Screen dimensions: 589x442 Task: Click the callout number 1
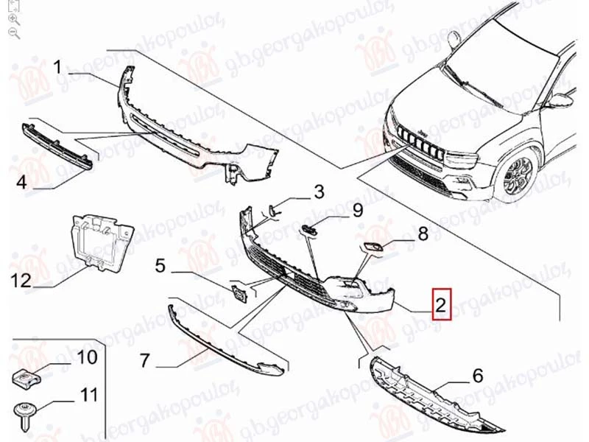tap(57, 68)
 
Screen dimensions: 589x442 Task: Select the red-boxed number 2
tap(441, 304)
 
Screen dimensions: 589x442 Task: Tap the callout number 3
tap(319, 192)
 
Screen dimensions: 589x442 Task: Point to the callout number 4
tap(22, 182)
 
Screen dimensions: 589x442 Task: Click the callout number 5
tap(161, 265)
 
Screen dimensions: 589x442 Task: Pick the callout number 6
tap(477, 375)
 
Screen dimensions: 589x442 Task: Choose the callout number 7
tap(145, 360)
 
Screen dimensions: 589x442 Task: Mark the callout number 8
tap(423, 234)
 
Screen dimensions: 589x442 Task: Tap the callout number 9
tap(357, 210)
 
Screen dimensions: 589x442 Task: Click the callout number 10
tap(87, 357)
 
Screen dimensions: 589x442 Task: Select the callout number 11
tap(88, 395)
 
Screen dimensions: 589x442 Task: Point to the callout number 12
tap(21, 280)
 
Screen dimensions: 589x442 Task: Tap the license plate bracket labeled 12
tap(102, 242)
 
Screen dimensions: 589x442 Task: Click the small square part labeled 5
tap(239, 293)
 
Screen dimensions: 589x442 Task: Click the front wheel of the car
tap(518, 175)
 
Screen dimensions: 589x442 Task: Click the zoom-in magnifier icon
tap(14, 19)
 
